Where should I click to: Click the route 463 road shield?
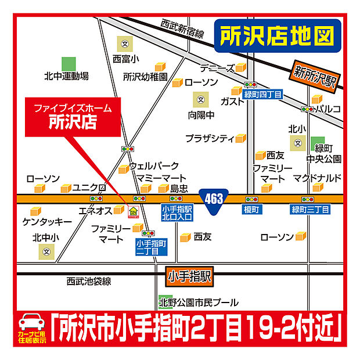pyautogui.click(x=214, y=199)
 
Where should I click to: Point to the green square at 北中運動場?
pyautogui.click(x=68, y=63)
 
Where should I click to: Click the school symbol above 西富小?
pyautogui.click(x=124, y=44)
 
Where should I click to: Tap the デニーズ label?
pyautogui.click(x=217, y=68)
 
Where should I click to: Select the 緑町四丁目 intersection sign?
pyautogui.click(x=262, y=94)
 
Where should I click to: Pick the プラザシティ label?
pyautogui.click(x=210, y=138)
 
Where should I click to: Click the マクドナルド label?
pyautogui.click(x=316, y=177)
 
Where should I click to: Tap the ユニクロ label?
pyautogui.click(x=89, y=188)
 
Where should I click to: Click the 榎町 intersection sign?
pyautogui.click(x=251, y=209)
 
